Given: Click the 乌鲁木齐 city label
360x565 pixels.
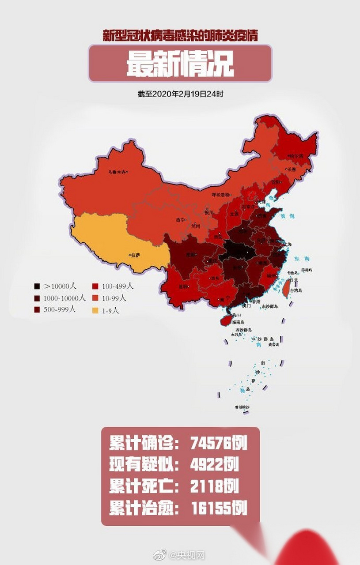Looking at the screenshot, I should pyautogui.click(x=117, y=172).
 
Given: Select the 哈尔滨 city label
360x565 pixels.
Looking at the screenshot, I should pyautogui.click(x=296, y=156).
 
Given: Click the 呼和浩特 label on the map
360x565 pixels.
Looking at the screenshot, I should pyautogui.click(x=221, y=194).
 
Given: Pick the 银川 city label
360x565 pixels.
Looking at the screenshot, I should pyautogui.click(x=209, y=212).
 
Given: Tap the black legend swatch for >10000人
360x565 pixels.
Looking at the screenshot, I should pyautogui.click(x=38, y=286).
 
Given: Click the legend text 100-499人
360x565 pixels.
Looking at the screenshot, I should pyautogui.click(x=117, y=286).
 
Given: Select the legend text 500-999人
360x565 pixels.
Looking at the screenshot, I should pyautogui.click(x=60, y=309).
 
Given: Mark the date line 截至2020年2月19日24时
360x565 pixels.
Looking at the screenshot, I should pyautogui.click(x=180, y=94).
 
